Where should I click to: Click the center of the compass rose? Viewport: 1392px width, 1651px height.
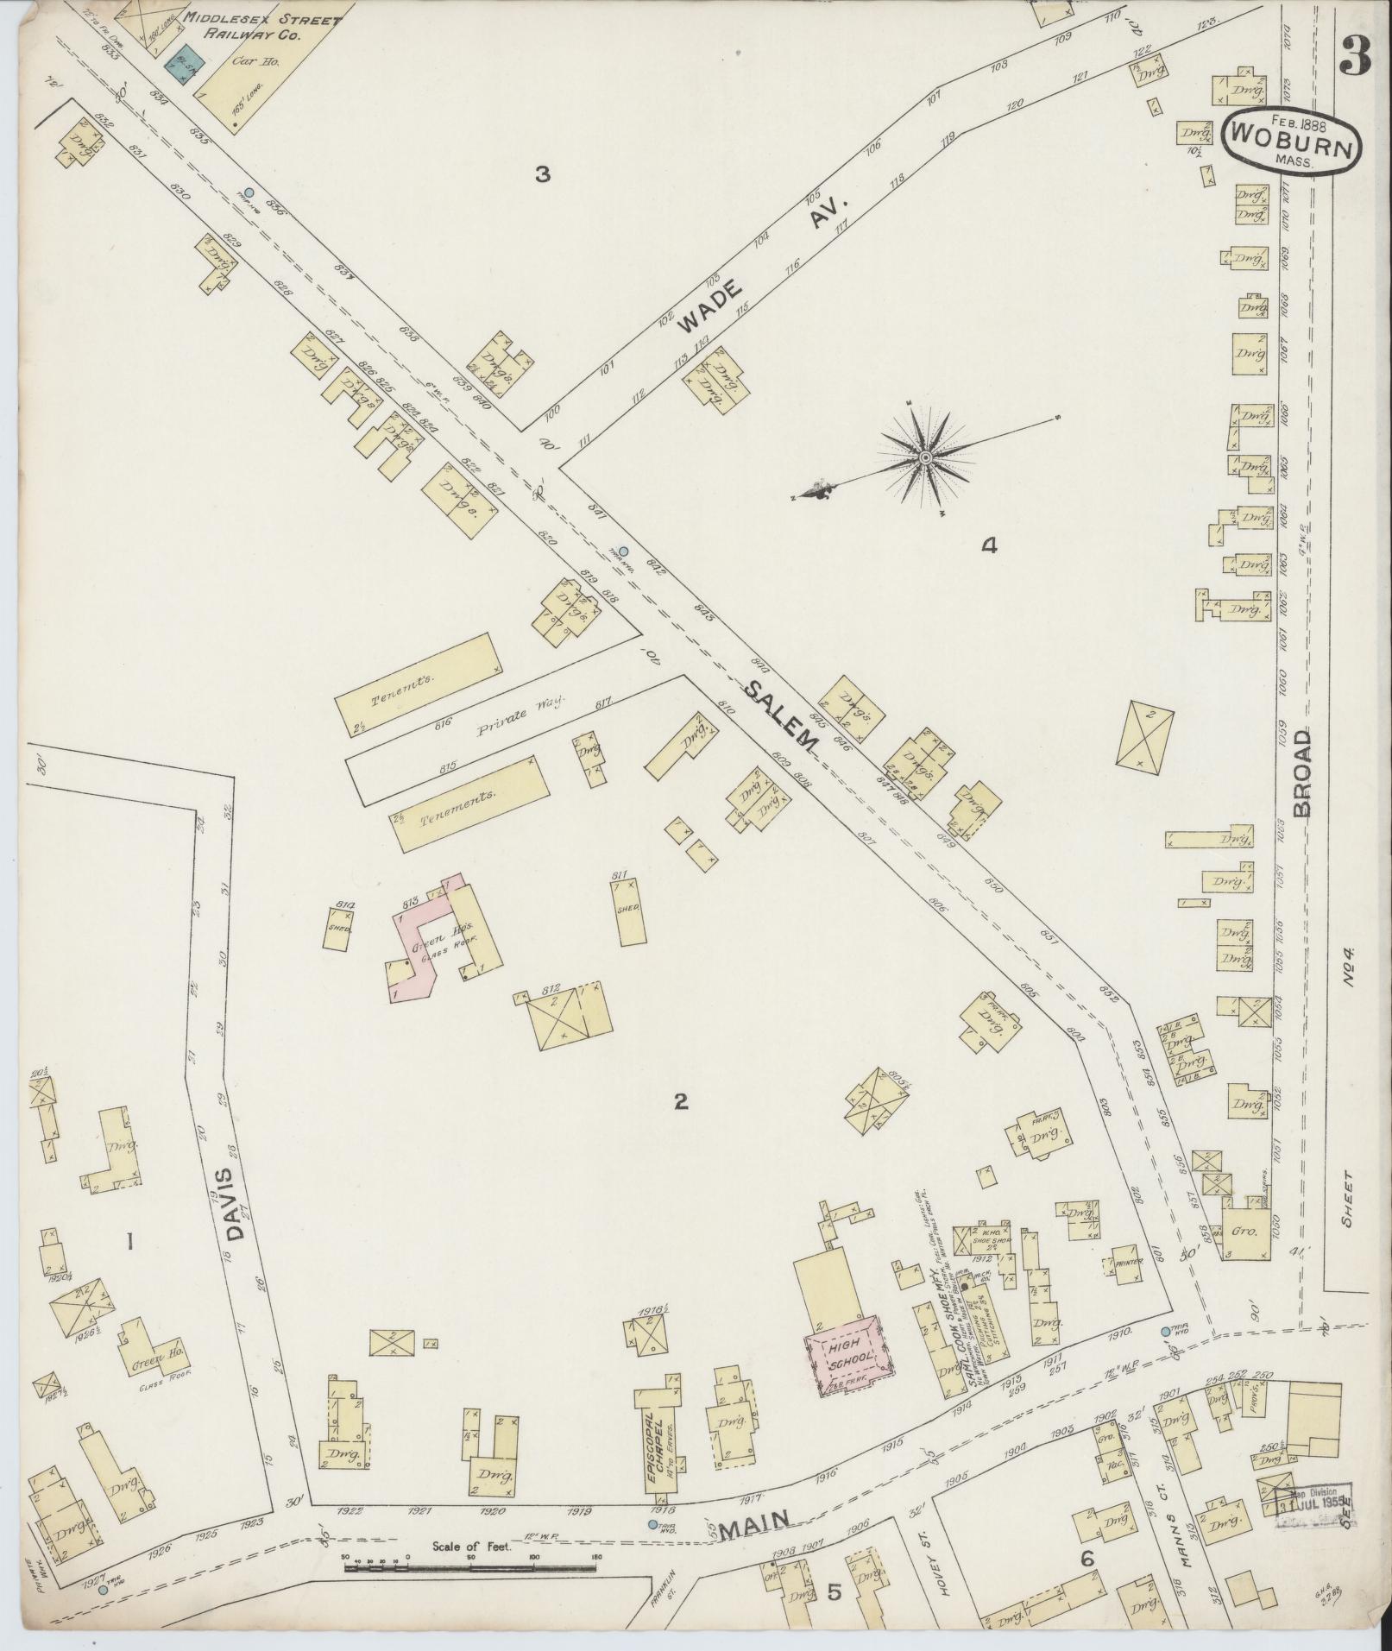click(925, 457)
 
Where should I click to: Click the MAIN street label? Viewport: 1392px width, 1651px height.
click(757, 1528)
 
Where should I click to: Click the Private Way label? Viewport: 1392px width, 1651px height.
click(513, 708)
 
